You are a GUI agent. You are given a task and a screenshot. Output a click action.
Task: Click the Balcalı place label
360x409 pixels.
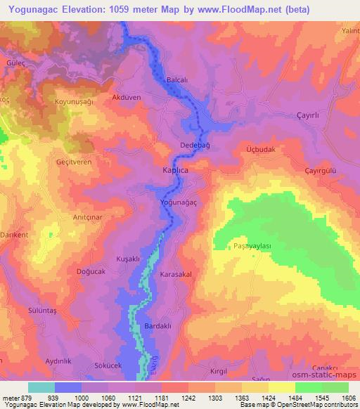(176, 81)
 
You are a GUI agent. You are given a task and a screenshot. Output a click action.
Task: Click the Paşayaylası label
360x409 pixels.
(252, 247)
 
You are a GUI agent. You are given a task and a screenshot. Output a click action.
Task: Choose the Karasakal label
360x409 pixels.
(176, 275)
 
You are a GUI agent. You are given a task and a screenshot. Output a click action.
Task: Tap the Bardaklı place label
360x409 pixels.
(158, 327)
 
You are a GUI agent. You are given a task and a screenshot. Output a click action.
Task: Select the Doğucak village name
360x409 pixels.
(89, 271)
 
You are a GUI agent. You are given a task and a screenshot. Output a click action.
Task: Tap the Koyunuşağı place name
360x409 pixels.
(74, 102)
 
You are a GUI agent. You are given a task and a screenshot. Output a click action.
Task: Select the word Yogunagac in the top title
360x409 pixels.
(31, 9)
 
